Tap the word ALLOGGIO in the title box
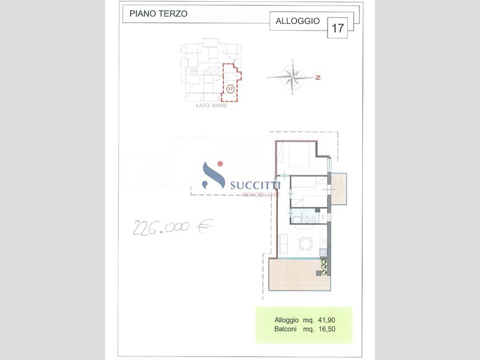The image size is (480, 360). pos(298,21)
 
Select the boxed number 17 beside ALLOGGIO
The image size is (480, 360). pos(338,28)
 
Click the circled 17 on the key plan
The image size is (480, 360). pos(230,89)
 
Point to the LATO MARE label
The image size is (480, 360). pos(212,106)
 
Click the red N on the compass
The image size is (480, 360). pos(318,77)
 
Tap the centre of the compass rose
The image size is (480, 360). pos(293,77)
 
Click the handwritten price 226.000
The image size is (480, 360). pos(161,227)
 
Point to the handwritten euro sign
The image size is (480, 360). pos(205,226)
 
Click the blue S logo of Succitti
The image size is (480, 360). pos(214,175)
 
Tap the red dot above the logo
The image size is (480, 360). pos(220,164)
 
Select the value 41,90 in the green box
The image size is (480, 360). pos(326,320)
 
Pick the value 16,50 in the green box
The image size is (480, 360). pos(326,329)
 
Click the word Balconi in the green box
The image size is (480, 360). pos(286,329)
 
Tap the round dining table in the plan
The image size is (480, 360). pos(306,244)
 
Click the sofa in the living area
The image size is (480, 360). pos(283,244)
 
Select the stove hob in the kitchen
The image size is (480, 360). pos(323,252)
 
